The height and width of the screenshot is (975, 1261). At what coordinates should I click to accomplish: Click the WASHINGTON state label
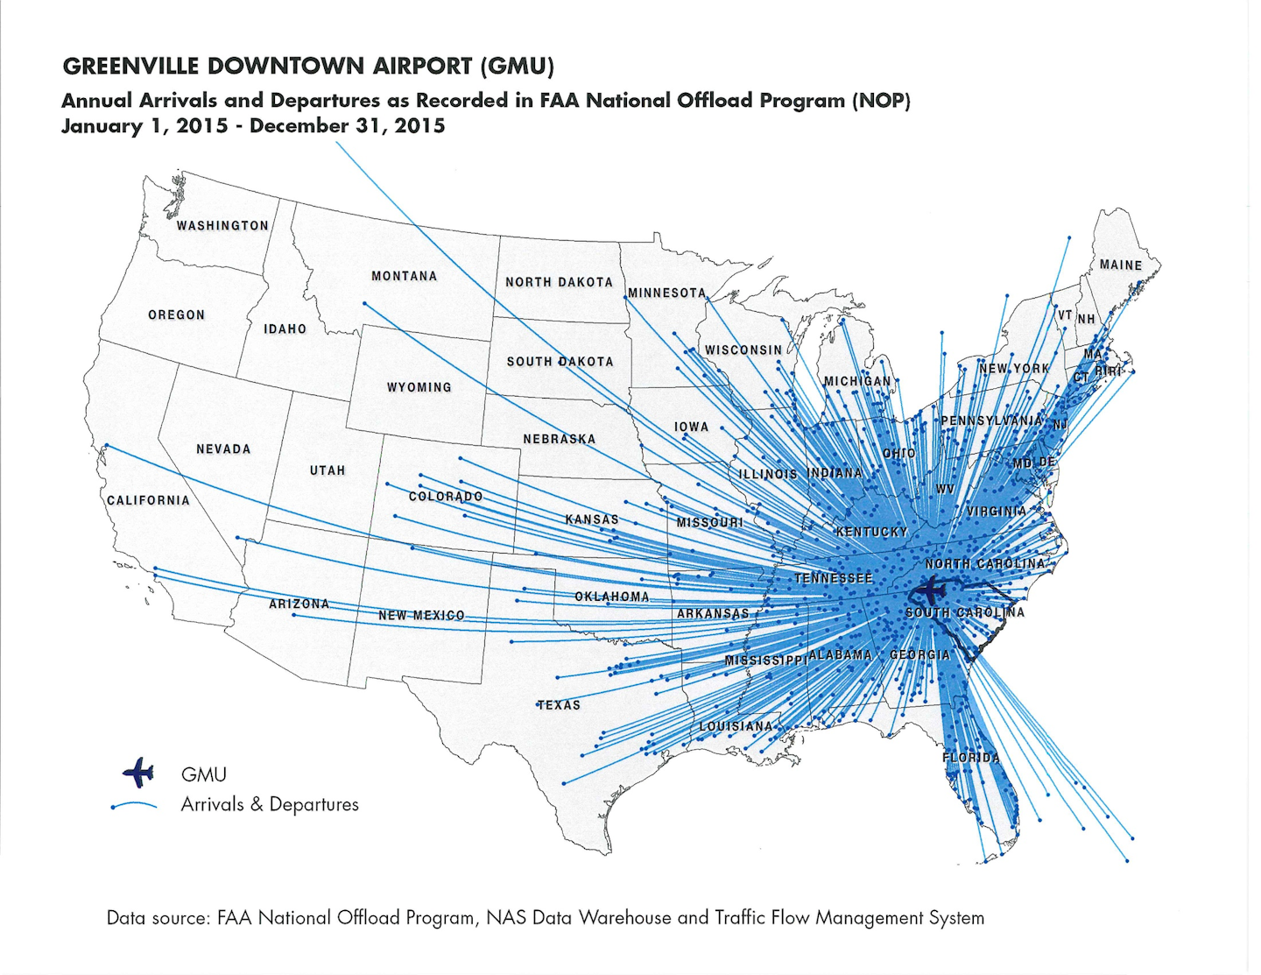pos(222,225)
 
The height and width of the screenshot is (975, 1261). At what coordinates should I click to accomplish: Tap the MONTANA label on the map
pos(404,276)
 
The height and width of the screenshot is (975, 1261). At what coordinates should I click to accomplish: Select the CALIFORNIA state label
pos(148,500)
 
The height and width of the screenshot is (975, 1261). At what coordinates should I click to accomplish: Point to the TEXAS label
pos(559,704)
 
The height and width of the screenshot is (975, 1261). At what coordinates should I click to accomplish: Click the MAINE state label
pos(1121,265)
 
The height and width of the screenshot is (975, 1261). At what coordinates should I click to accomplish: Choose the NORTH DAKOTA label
pos(559,282)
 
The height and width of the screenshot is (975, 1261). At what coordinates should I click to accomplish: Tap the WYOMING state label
pos(419,387)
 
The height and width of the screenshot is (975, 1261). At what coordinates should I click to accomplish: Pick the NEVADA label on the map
pos(223,449)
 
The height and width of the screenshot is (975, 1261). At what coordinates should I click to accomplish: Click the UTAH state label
pos(328,470)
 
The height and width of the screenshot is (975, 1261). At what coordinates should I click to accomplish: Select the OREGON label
pos(176,314)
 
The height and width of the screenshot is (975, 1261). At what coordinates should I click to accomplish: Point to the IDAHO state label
pos(285,329)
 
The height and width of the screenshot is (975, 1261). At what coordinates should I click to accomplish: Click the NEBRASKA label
pos(560,439)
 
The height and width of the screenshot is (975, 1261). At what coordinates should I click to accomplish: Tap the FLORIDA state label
pos(970,757)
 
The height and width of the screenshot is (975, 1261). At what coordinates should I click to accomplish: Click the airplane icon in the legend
pos(138,774)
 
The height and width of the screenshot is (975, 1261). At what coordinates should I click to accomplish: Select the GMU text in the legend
pos(204,774)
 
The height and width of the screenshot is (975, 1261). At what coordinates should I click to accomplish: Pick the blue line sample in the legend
pos(134,805)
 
